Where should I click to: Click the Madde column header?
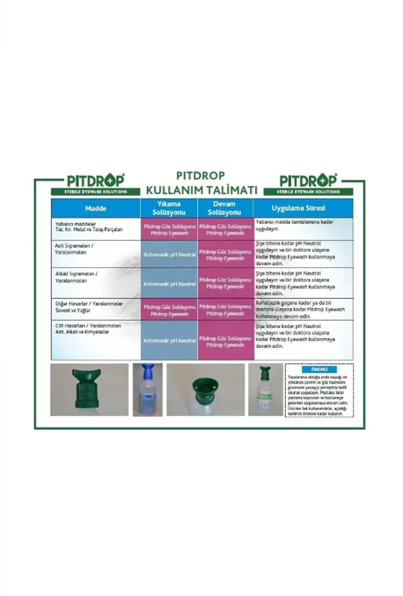pyautogui.click(x=95, y=209)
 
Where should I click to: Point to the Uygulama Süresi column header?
pyautogui.click(x=303, y=209)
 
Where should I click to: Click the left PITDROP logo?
pyautogui.click(x=95, y=181)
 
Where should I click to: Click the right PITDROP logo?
pyautogui.click(x=308, y=181)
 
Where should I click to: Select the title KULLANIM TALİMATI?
pyautogui.click(x=201, y=190)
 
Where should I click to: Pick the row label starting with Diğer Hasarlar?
pyautogui.click(x=88, y=306)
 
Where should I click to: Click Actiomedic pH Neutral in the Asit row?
pyautogui.click(x=169, y=254)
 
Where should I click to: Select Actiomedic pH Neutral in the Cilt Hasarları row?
pyautogui.click(x=169, y=340)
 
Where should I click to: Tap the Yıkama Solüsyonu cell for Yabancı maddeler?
pyautogui.click(x=169, y=229)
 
